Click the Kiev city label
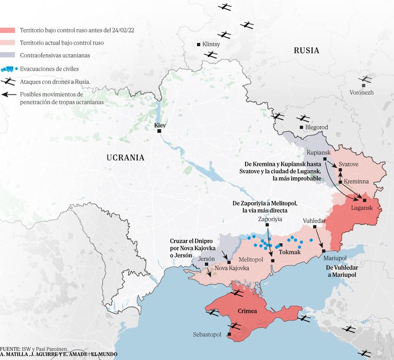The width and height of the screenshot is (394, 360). (x=160, y=125)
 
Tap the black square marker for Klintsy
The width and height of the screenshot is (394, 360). (x=199, y=45)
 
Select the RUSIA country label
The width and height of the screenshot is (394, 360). (x=306, y=51)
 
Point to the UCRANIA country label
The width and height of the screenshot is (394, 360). (x=125, y=157)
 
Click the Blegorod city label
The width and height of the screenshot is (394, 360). (x=317, y=128)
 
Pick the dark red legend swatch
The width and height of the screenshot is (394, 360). (x=7, y=30)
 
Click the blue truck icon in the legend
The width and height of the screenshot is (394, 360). (x=7, y=69)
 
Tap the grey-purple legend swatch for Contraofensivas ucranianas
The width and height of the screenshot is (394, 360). (x=7, y=55)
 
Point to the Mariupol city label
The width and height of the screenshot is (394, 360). (x=335, y=258)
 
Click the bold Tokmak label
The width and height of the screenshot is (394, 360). (x=290, y=252)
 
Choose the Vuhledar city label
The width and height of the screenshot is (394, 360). (x=314, y=220)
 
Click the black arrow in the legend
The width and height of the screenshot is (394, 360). (x=7, y=95)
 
